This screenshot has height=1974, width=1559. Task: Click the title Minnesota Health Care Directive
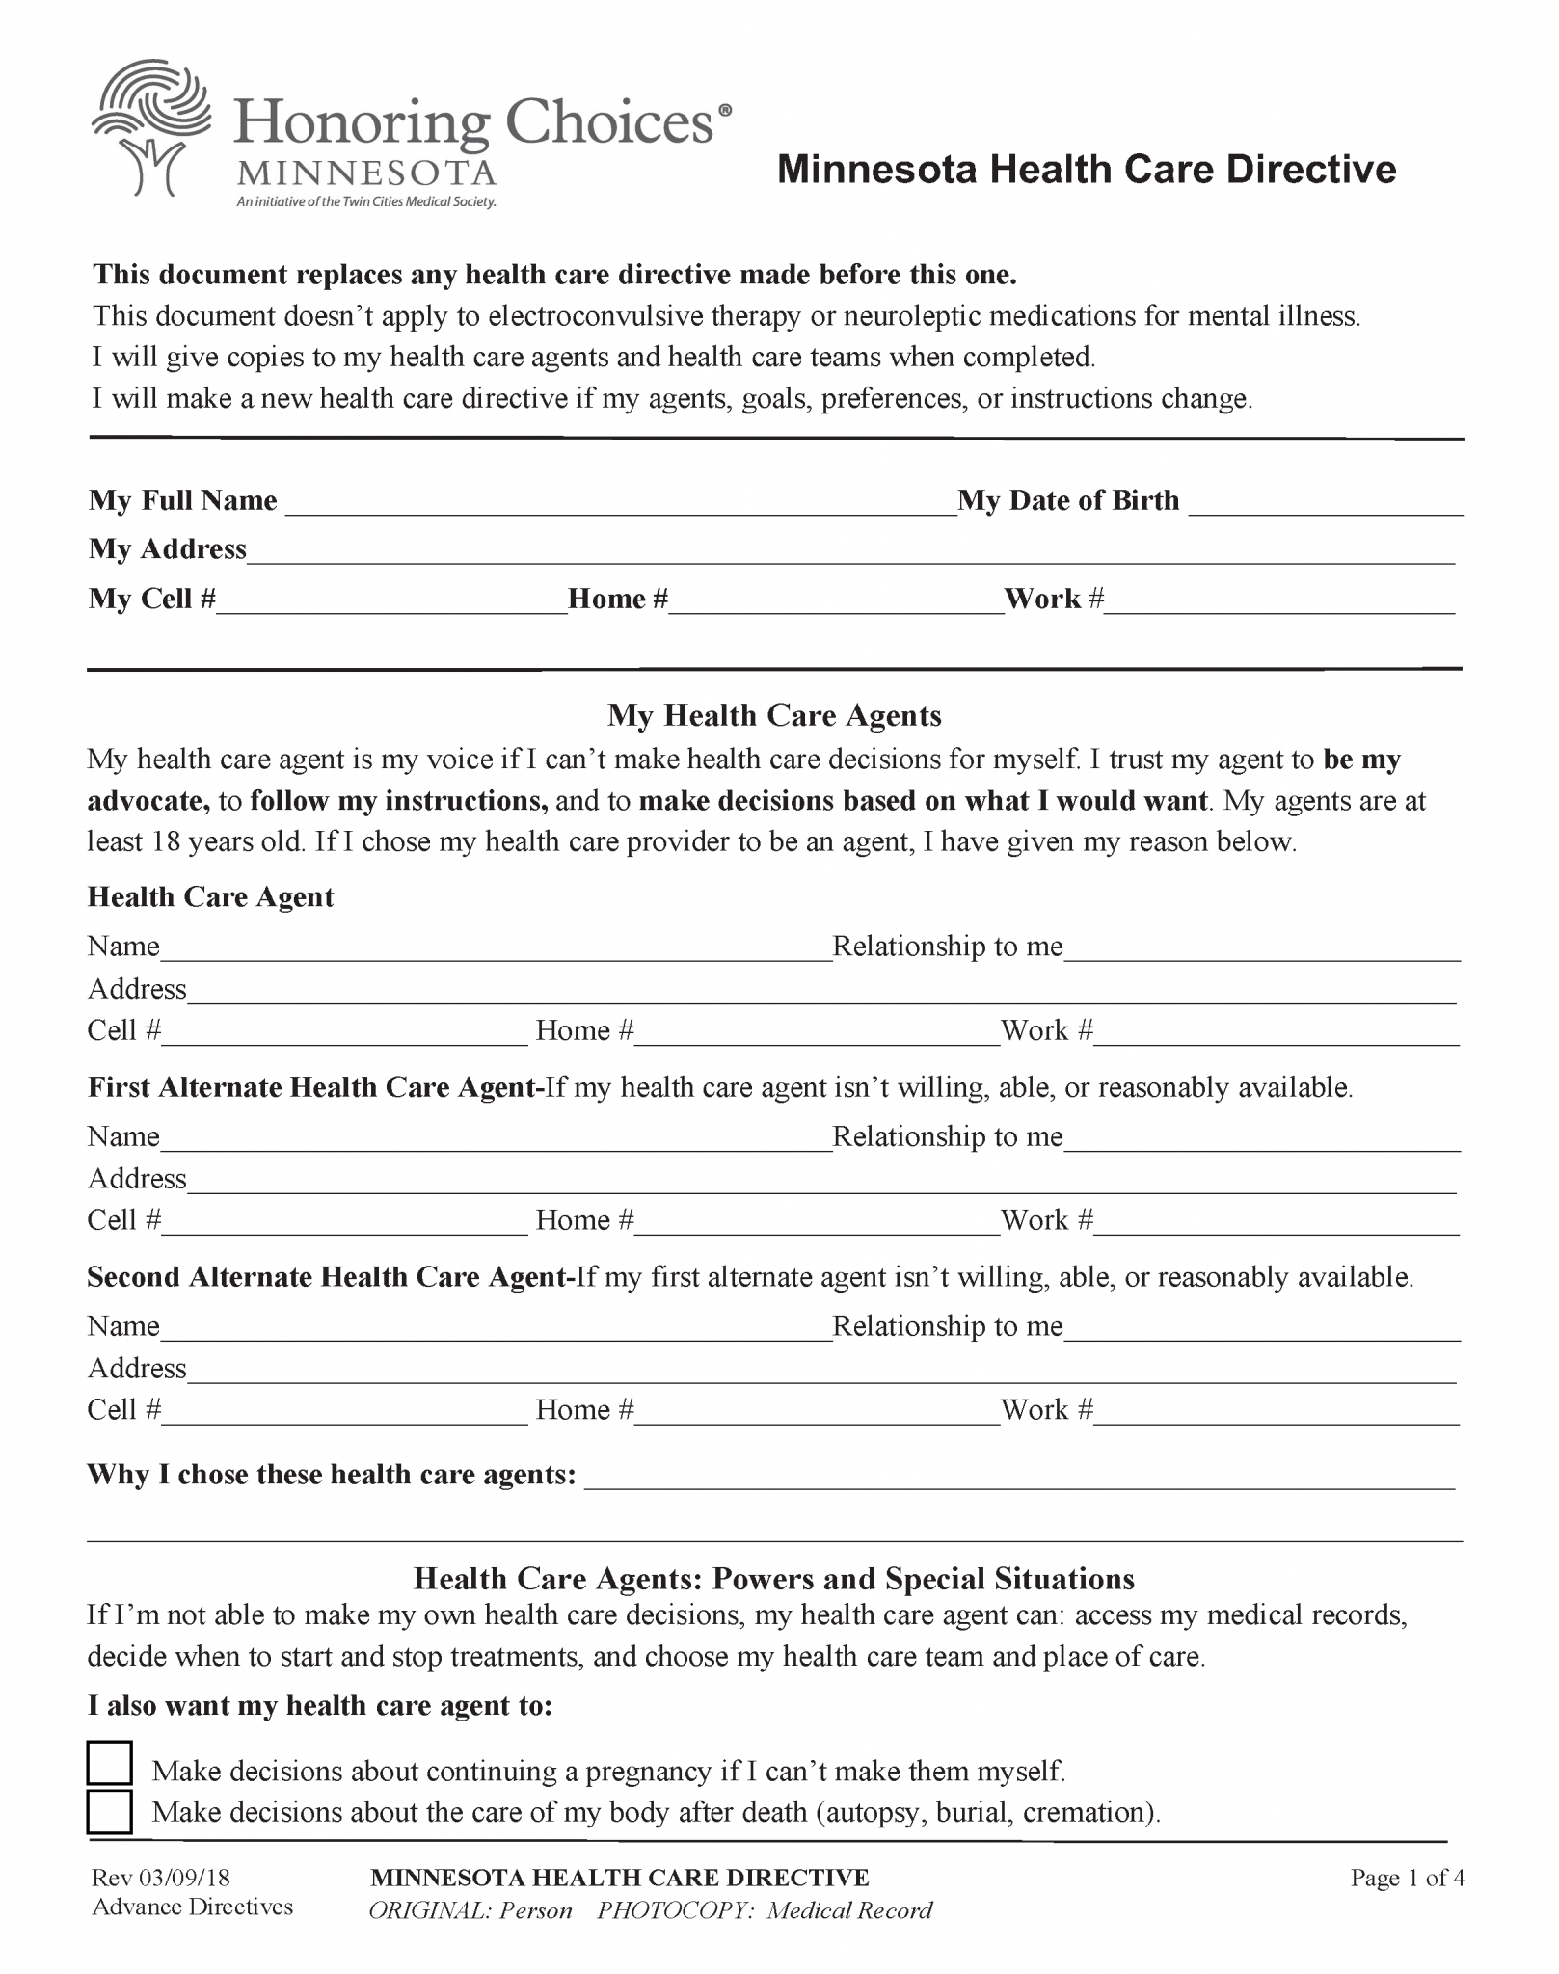pyautogui.click(x=1087, y=170)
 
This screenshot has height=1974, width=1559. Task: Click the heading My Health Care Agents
pyautogui.click(x=774, y=715)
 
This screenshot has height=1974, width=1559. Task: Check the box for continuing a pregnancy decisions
pyautogui.click(x=109, y=1764)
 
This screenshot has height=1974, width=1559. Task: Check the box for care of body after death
pyautogui.click(x=109, y=1811)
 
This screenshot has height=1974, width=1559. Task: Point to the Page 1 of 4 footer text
pyautogui.click(x=1407, y=1878)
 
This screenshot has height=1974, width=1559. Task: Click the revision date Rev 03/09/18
pyautogui.click(x=161, y=1878)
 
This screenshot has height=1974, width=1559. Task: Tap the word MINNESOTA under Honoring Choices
pyautogui.click(x=366, y=173)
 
